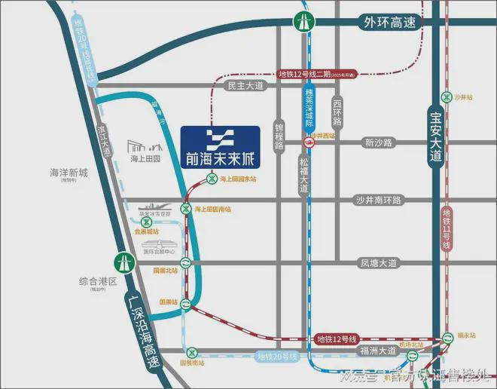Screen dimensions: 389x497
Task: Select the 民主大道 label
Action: point(245,86)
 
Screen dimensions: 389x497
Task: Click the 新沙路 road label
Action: point(379,142)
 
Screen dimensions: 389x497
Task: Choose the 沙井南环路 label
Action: point(379,200)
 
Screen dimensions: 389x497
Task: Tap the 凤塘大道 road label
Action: point(377,263)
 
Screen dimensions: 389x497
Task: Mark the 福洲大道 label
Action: point(377,351)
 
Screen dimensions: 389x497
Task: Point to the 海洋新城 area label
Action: point(69,173)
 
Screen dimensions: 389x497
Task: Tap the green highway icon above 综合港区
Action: point(120,262)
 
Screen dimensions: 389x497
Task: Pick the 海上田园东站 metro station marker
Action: point(212,179)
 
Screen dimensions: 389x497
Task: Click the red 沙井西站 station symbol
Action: point(308,142)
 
